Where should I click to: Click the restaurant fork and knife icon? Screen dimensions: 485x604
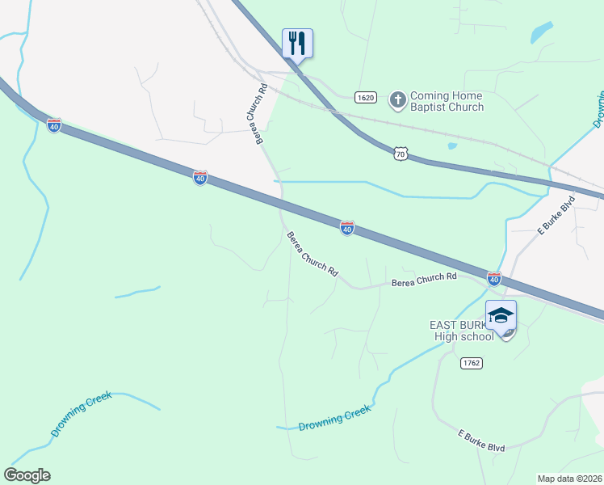[x=297, y=42]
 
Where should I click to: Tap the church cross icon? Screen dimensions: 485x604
[x=397, y=99]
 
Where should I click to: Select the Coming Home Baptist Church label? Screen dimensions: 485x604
[x=447, y=101]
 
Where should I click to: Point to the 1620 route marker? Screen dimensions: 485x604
[x=365, y=97]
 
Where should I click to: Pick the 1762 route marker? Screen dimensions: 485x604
[x=472, y=364]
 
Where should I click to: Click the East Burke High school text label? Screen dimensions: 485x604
[x=461, y=331]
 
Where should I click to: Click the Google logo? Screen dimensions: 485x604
[x=27, y=475]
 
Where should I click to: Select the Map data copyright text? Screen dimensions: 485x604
[x=569, y=479]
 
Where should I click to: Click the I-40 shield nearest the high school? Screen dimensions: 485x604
[x=494, y=279]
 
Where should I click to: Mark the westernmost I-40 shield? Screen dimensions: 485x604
[x=54, y=126]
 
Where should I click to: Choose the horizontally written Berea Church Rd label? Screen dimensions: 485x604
[x=424, y=279]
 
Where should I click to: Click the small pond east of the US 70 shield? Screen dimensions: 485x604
[x=451, y=146]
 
